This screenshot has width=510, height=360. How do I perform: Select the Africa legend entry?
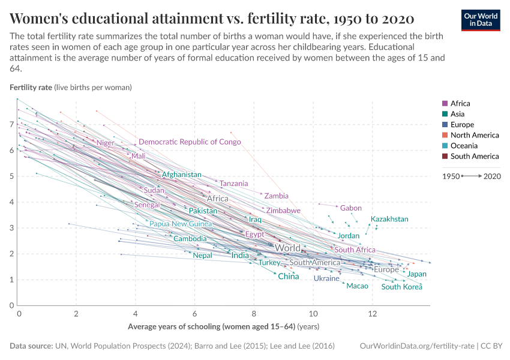click(460, 103)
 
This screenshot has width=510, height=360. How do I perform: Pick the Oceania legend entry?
click(464, 146)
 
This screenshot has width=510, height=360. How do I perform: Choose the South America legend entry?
click(474, 157)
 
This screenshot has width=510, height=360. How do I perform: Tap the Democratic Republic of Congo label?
click(190, 142)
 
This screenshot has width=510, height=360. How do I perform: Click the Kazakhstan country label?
click(389, 219)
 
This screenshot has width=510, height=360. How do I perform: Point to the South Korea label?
click(401, 287)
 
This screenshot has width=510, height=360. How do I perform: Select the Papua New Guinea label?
click(181, 224)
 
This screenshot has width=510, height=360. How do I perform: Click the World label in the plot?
click(287, 248)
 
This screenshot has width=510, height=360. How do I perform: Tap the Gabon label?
click(351, 208)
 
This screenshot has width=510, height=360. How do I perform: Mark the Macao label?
click(358, 286)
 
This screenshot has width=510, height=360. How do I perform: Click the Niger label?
click(105, 143)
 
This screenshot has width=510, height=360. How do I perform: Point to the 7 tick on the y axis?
click(12, 124)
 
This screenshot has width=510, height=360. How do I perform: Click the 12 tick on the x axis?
click(372, 314)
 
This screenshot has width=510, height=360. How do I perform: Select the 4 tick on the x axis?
click(136, 314)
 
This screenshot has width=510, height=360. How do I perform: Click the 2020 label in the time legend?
click(492, 176)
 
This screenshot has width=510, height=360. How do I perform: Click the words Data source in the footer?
click(30, 346)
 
